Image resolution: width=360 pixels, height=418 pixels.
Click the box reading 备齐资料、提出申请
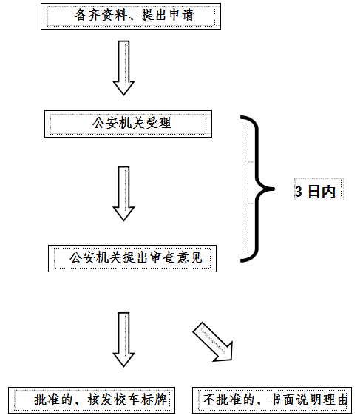[131, 16]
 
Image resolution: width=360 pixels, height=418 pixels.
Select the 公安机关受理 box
[128, 124]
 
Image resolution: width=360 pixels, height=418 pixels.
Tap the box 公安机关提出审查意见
[132, 259]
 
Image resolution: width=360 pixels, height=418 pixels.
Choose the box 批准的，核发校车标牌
[92, 400]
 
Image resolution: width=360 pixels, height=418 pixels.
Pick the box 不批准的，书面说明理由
[272, 400]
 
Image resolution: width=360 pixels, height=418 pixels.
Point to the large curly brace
[257, 189]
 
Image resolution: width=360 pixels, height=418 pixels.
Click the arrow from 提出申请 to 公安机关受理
[123, 68]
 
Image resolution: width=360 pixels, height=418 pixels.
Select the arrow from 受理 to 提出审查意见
[123, 194]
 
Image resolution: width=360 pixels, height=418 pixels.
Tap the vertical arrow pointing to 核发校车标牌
[123, 340]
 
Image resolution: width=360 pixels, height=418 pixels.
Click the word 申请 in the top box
[182, 15]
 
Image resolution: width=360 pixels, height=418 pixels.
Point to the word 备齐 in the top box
[87, 15]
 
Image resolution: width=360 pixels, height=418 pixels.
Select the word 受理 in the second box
[158, 123]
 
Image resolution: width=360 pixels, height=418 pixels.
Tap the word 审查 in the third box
[163, 257]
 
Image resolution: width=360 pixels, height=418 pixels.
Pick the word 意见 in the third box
[189, 257]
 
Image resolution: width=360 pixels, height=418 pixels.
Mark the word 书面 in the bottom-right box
[282, 400]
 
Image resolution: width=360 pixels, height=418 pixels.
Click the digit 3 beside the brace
[299, 192]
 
